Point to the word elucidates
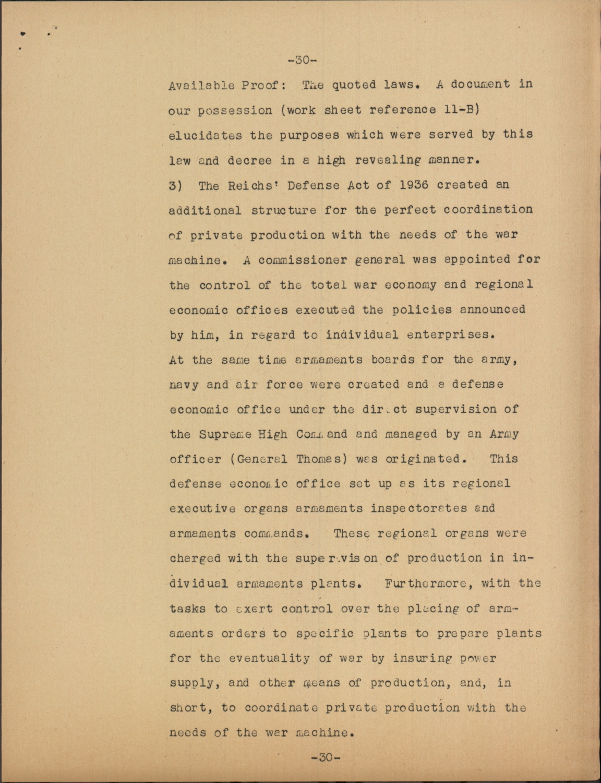[x=206, y=135]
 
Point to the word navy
[x=184, y=385]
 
